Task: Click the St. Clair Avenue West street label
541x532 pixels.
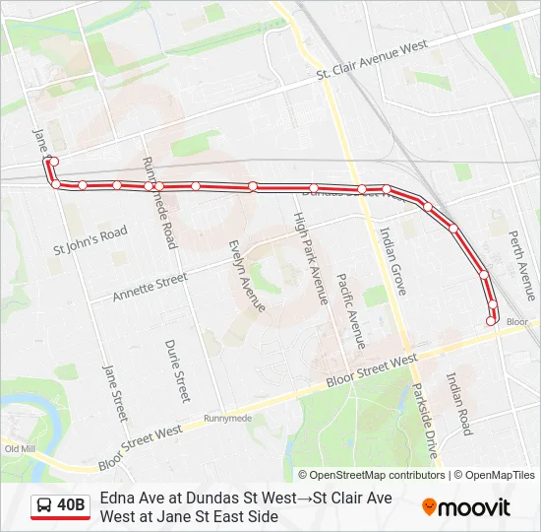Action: pyautogui.click(x=371, y=60)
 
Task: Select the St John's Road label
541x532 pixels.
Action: pyautogui.click(x=90, y=241)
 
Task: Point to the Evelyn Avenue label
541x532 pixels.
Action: pyautogui.click(x=247, y=275)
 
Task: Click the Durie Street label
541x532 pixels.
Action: pyautogui.click(x=177, y=370)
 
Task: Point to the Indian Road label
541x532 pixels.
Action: pyautogui.click(x=458, y=402)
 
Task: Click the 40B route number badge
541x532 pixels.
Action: pyautogui.click(x=71, y=506)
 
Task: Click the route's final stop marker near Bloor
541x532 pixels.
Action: pyautogui.click(x=491, y=320)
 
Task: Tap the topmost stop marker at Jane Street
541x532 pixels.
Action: pyautogui.click(x=54, y=162)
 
